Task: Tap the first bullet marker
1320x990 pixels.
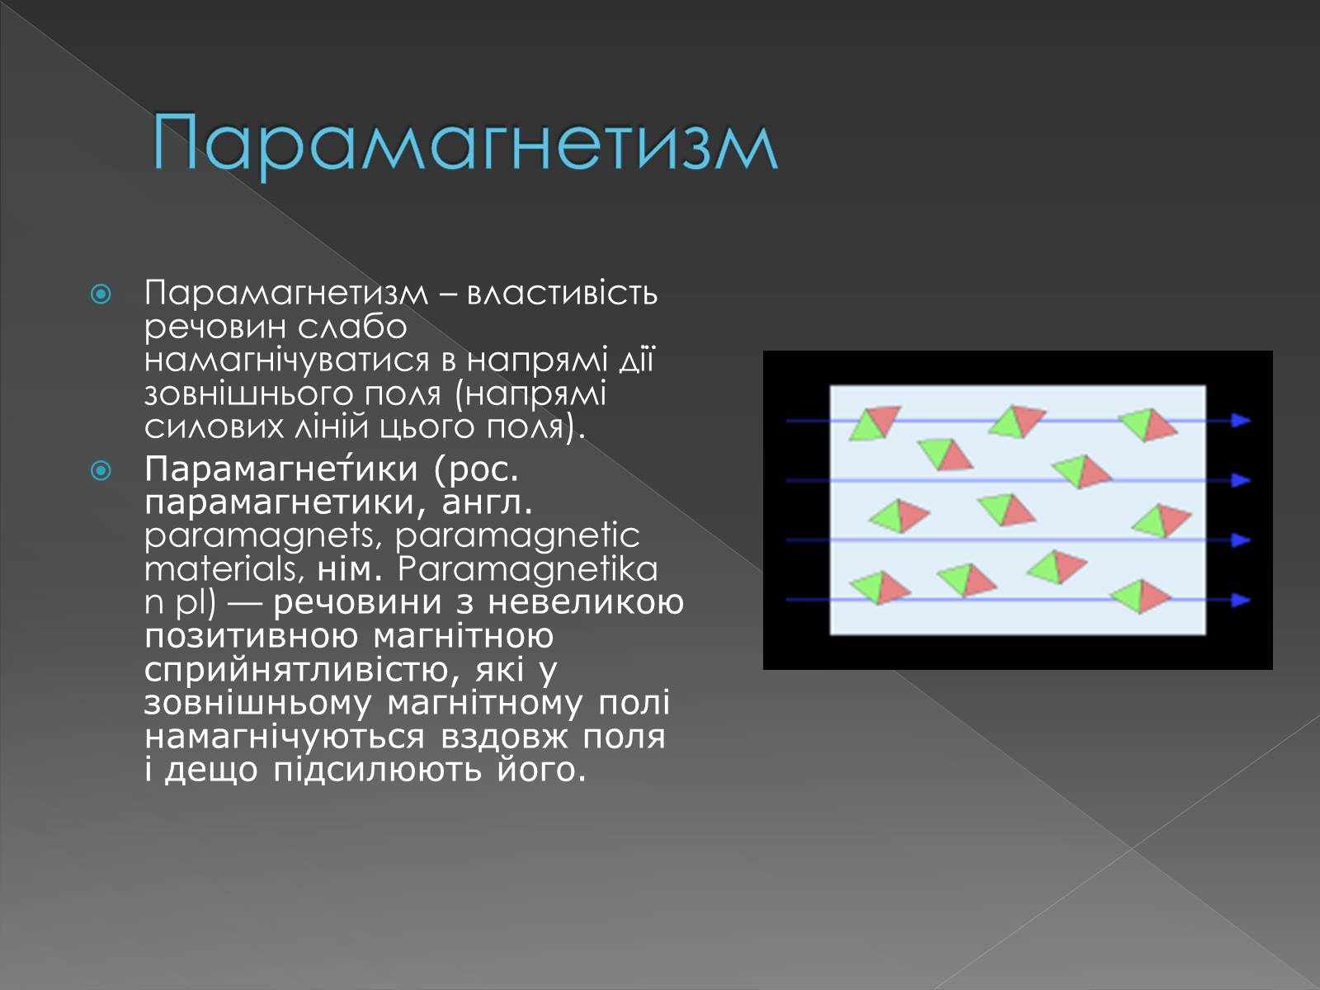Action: point(101,294)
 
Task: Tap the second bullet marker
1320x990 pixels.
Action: point(101,470)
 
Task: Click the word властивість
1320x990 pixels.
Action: point(562,294)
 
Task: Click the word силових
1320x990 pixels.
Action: point(214,427)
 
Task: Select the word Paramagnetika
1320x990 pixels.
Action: point(527,569)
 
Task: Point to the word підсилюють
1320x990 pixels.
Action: point(378,770)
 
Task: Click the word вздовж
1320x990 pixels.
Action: point(504,737)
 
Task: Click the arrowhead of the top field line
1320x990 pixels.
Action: point(1241,420)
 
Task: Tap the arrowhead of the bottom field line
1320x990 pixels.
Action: point(1241,600)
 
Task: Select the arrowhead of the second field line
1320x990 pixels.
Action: point(1241,480)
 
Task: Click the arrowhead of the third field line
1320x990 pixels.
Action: point(1241,540)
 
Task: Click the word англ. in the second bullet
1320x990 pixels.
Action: point(487,502)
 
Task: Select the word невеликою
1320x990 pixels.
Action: point(586,602)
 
